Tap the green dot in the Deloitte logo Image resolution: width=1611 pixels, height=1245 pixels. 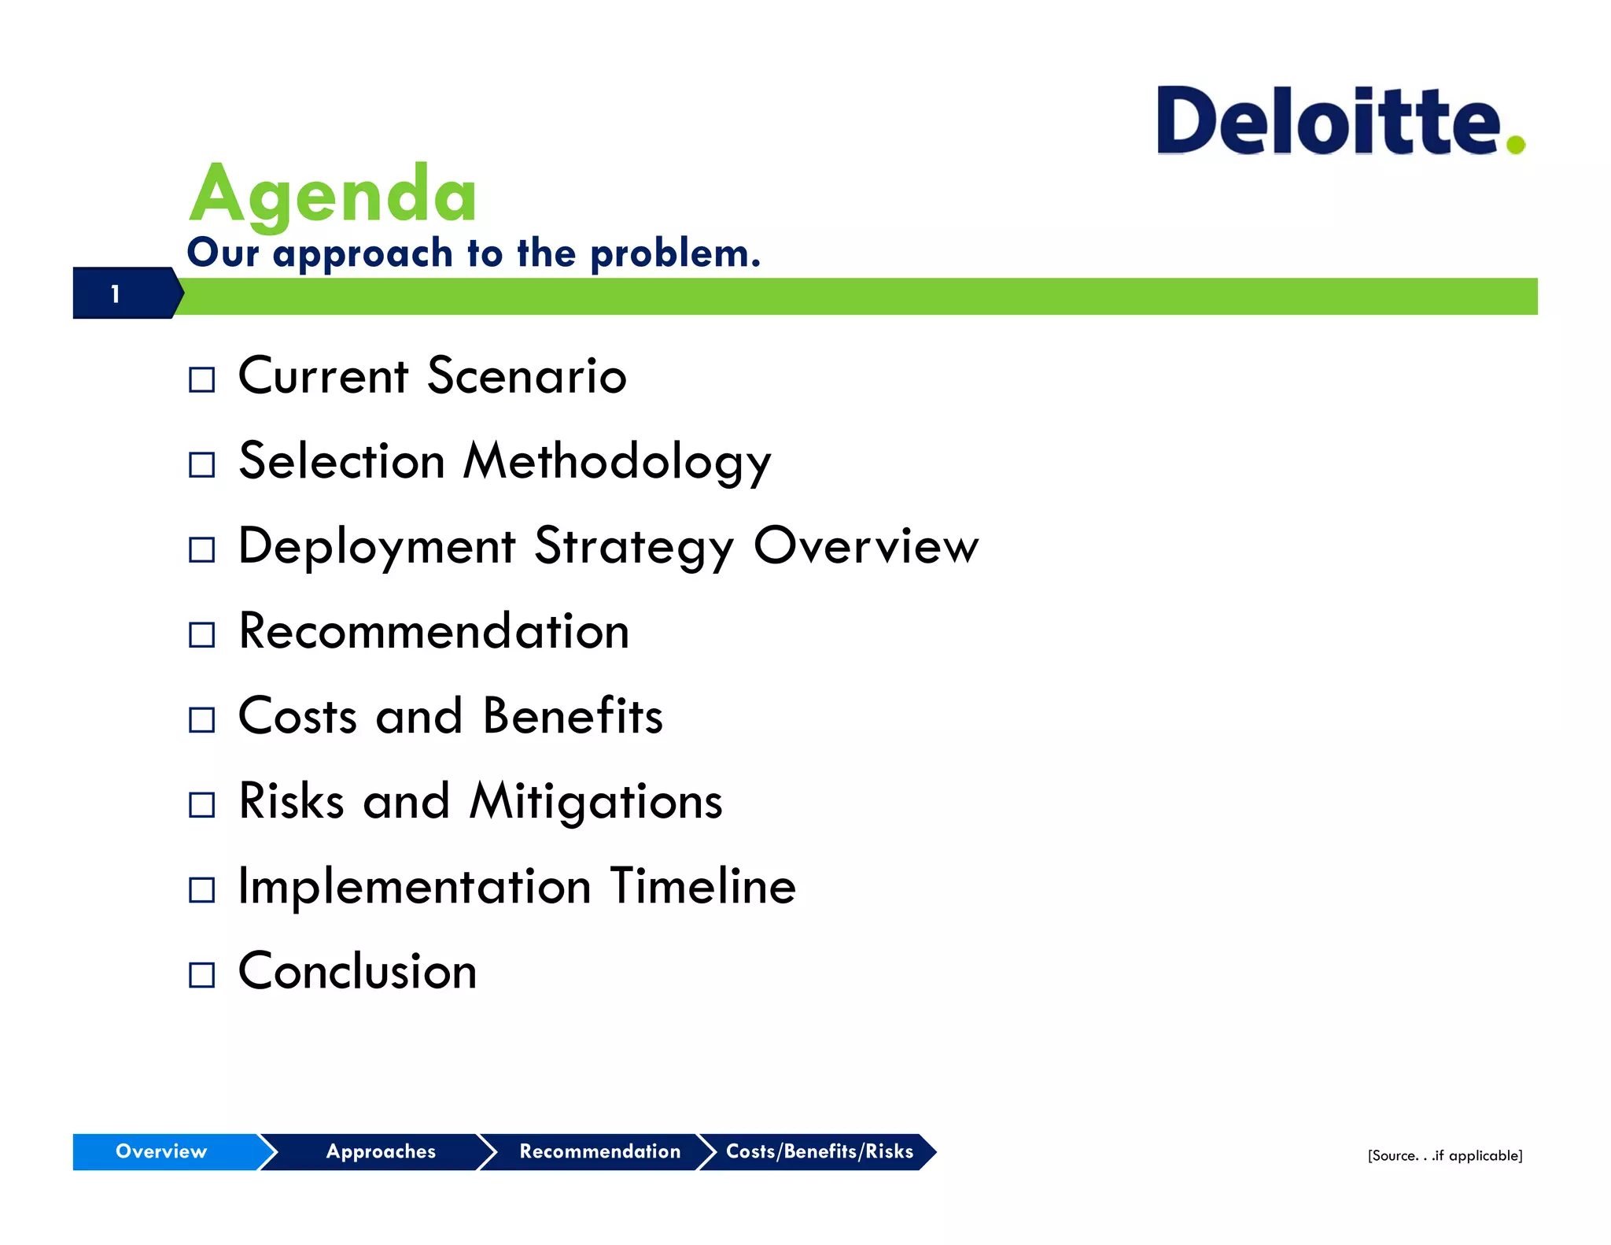[1516, 144]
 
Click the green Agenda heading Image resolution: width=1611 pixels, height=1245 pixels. [333, 194]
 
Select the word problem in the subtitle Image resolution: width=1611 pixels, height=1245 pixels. [675, 253]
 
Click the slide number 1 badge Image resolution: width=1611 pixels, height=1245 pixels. [116, 294]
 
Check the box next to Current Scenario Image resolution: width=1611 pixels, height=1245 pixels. [202, 380]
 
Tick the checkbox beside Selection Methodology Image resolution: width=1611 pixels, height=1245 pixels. [202, 465]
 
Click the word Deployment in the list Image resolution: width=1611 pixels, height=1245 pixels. [376, 546]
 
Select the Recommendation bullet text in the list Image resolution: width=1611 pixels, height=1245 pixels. [433, 631]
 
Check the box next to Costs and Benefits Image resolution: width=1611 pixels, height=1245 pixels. [202, 719]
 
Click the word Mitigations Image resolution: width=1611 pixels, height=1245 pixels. [595, 801]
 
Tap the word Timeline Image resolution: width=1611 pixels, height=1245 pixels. [702, 886]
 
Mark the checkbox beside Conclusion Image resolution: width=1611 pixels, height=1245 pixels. [202, 975]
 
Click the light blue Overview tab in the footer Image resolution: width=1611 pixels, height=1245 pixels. [162, 1151]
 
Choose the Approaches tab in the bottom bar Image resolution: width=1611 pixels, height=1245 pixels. [381, 1151]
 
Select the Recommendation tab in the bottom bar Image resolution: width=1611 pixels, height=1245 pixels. [599, 1151]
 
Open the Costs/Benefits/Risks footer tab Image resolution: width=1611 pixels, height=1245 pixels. [819, 1151]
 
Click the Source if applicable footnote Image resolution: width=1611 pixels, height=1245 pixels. [1444, 1155]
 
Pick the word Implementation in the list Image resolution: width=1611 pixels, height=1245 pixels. [414, 886]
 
